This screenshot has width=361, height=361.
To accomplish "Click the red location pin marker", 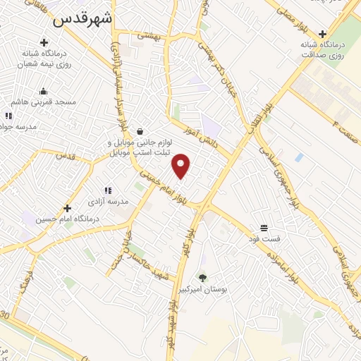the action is pos(182,165).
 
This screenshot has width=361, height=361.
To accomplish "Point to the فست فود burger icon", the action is pos(264,228).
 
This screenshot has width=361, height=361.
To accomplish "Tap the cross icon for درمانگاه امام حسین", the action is pos(67,208).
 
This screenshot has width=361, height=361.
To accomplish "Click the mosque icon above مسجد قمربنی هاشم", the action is pos(43,91).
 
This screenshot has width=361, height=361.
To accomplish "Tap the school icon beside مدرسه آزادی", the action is pos(108,190).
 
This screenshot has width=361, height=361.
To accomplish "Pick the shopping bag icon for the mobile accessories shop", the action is pos(140,131).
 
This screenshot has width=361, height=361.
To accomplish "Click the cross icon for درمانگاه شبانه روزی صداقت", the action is pos(323,33).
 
